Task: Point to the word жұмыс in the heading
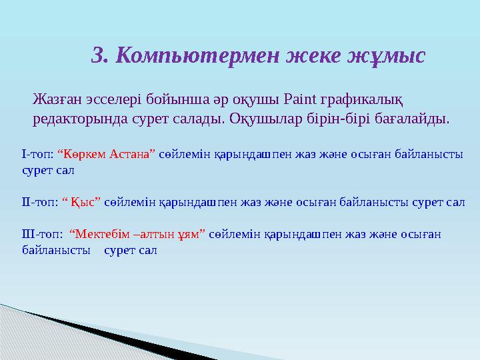coord(386,56)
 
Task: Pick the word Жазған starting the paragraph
coord(57,99)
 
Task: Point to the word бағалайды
coord(412,119)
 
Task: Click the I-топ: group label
coord(37,155)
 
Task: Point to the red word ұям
coord(189,235)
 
